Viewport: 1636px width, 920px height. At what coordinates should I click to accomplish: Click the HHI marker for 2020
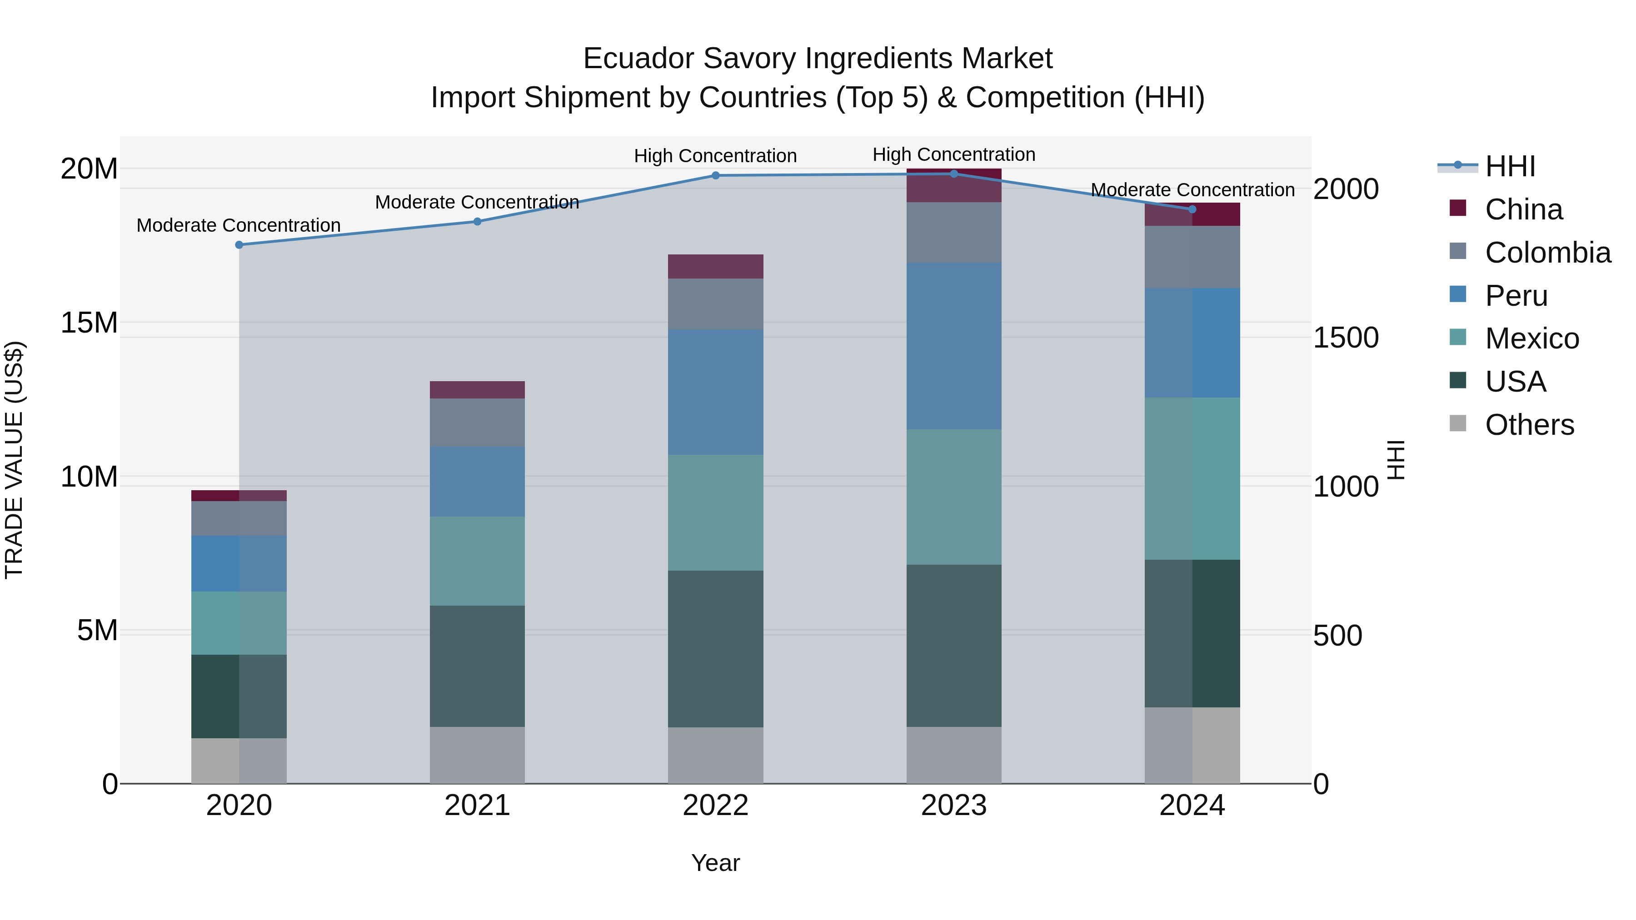pos(239,244)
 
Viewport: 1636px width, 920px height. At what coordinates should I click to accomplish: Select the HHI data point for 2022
pos(715,175)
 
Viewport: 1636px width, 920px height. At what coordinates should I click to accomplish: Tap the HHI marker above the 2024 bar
pos(1192,209)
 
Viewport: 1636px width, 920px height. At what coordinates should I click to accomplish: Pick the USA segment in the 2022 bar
pos(715,648)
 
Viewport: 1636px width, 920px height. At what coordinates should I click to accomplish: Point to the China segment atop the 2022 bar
pos(715,266)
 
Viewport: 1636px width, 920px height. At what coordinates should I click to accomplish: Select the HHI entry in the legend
pos(1510,166)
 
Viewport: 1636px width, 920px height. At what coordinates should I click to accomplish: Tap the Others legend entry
pos(1529,425)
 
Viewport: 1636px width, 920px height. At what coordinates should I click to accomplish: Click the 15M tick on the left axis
pos(89,323)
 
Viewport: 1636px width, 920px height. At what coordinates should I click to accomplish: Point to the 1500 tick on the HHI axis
pos(1345,338)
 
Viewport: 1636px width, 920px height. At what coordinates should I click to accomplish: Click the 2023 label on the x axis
pos(953,806)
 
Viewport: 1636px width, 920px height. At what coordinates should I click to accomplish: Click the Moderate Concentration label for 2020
pos(239,225)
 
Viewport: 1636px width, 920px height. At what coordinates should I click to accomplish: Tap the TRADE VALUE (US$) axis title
pos(14,460)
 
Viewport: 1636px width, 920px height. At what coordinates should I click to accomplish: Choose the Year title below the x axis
pos(715,863)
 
